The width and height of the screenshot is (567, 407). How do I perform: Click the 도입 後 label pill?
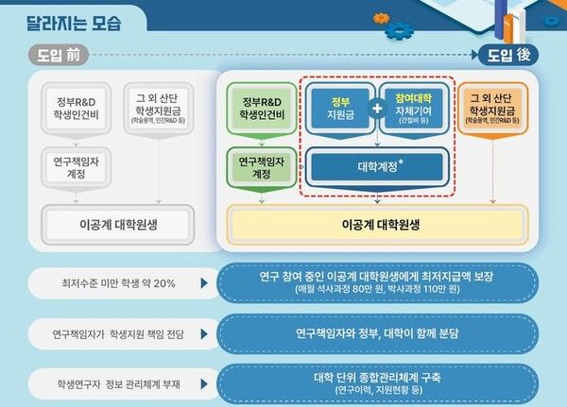click(x=509, y=56)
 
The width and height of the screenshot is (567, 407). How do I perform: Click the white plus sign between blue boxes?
click(x=377, y=108)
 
